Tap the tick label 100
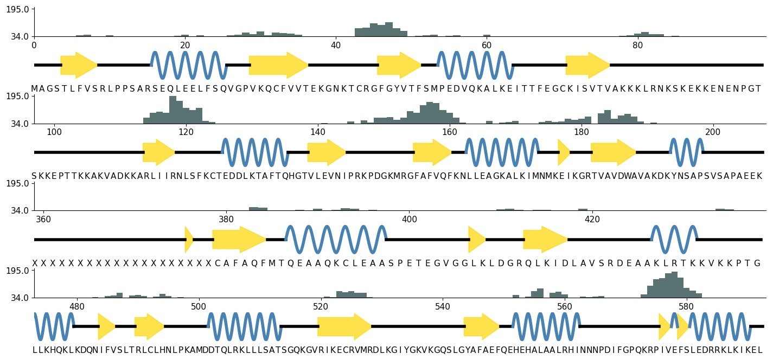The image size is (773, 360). pyautogui.click(x=54, y=132)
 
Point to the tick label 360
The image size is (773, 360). pyautogui.click(x=43, y=220)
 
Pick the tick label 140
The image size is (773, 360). pyautogui.click(x=317, y=132)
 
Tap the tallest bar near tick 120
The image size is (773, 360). pyautogui.click(x=173, y=110)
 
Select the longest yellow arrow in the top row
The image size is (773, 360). pyautogui.click(x=278, y=65)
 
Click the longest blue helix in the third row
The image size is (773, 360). pyautogui.click(x=336, y=240)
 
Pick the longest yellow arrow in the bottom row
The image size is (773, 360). pyautogui.click(x=344, y=326)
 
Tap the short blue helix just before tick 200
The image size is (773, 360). pyautogui.click(x=686, y=152)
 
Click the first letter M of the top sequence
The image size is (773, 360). pyautogui.click(x=35, y=89)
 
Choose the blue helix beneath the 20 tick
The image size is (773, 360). pyautogui.click(x=189, y=65)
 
